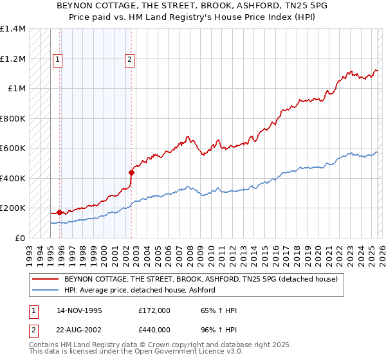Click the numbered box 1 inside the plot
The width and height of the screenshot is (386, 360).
click(57, 60)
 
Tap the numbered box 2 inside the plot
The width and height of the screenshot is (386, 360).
click(129, 60)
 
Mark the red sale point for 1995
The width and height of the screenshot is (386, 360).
click(60, 212)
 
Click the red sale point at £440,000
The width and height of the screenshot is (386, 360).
click(131, 172)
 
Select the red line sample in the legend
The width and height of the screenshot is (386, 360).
click(46, 279)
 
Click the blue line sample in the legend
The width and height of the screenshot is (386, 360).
click(46, 290)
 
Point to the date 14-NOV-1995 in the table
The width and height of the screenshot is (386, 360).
click(80, 310)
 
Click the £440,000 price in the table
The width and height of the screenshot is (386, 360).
click(154, 330)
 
